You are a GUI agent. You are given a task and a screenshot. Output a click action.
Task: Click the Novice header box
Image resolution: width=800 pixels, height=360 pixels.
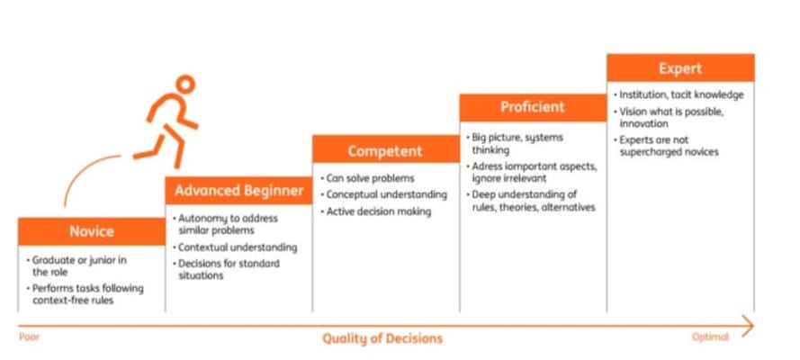(x=91, y=231)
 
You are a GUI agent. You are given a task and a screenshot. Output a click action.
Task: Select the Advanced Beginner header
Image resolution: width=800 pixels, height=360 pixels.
(x=238, y=191)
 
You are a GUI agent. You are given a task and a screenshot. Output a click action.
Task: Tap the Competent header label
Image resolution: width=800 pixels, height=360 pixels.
(x=386, y=151)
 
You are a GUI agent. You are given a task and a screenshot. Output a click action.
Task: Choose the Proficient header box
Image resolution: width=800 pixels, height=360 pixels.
(x=533, y=107)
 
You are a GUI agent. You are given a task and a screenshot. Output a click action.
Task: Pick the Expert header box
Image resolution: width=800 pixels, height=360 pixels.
(x=680, y=68)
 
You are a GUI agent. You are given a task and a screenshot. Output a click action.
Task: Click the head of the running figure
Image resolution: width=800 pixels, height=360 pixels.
(x=185, y=84)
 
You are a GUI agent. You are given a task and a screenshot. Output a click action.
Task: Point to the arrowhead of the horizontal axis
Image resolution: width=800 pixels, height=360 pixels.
(x=748, y=326)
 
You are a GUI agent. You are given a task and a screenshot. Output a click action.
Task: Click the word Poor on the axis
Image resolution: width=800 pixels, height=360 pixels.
(x=29, y=337)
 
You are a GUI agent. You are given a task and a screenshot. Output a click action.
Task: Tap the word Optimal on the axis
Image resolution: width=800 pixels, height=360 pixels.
(x=710, y=337)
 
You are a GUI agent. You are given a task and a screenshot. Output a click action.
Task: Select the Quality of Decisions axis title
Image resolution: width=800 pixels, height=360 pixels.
(x=382, y=338)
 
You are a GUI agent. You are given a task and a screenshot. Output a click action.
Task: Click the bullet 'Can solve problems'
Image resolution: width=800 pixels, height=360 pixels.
(x=367, y=178)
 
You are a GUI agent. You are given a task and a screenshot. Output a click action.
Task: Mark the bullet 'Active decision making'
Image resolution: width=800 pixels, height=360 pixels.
(x=376, y=211)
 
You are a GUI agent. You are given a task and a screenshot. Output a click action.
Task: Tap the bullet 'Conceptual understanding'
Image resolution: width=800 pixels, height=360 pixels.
(x=383, y=194)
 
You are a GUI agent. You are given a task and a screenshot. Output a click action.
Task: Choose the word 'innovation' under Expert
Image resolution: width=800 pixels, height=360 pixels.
(x=644, y=124)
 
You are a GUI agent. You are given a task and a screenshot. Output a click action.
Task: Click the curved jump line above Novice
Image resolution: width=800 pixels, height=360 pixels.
(x=85, y=169)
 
